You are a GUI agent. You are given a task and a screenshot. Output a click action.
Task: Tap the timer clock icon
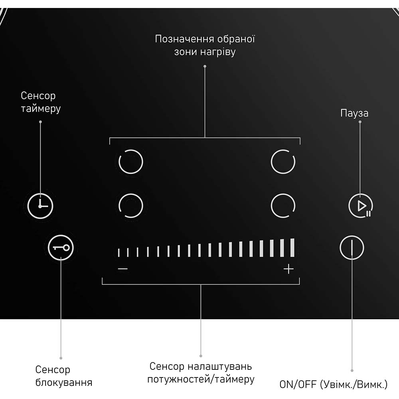point(40,206)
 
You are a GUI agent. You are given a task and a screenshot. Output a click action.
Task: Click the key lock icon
point(61,248)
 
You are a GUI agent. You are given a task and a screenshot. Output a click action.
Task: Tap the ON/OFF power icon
point(352,248)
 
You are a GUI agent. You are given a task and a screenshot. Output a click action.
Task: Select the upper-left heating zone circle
point(131,162)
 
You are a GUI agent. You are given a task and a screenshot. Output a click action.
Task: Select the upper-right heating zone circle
point(283,162)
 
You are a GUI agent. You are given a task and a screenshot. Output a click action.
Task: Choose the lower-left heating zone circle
point(131,205)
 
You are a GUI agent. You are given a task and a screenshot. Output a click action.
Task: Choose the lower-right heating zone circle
point(283,205)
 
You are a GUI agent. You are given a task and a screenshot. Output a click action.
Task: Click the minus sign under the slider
point(122,269)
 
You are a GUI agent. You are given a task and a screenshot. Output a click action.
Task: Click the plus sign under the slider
point(288,269)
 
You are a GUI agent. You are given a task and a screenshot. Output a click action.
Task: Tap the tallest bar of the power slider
point(292,248)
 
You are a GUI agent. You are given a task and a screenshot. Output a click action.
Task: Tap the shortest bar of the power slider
point(119,253)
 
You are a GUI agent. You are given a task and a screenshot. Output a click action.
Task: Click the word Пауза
point(354,113)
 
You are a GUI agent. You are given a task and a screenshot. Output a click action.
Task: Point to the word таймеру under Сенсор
point(41,109)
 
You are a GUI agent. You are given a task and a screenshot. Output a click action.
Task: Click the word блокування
point(63,383)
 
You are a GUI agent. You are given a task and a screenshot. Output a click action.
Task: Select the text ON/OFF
point(298,384)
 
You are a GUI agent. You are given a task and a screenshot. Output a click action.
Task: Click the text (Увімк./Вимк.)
point(354,384)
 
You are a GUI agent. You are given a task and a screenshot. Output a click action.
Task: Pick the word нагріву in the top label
point(218,52)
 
